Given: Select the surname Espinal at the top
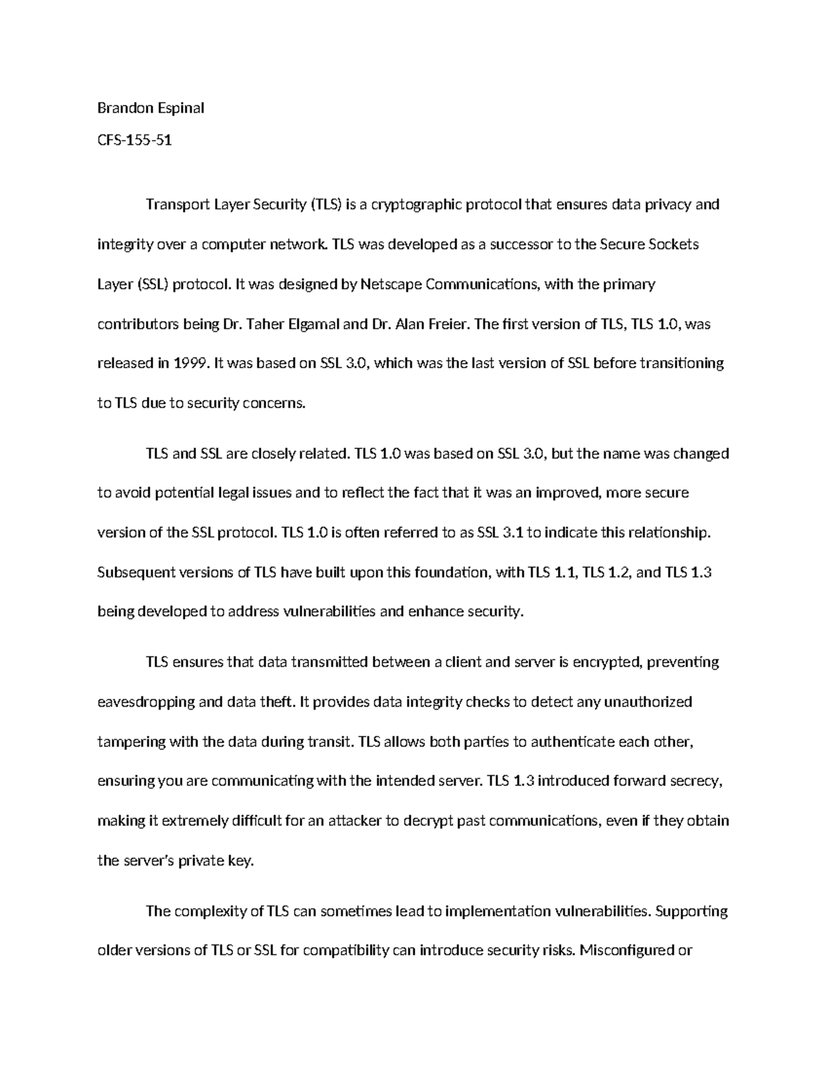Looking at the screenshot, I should click(179, 108).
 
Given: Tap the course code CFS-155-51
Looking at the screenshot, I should click(135, 141).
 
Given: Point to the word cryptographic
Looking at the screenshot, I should click(412, 204).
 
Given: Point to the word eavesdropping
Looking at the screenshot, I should click(146, 702).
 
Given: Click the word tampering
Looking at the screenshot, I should click(131, 742).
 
